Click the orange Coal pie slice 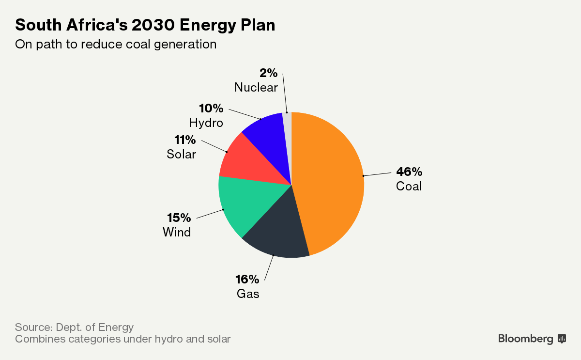tap(329, 184)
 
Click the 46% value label tap(409, 172)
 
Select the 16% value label tap(247, 280)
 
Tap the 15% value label tap(179, 218)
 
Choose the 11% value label tap(185, 140)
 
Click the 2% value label tap(268, 73)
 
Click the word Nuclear tap(256, 88)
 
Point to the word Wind tap(177, 232)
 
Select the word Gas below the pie tap(248, 294)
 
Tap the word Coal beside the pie tap(409, 186)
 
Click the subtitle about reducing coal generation tap(115, 44)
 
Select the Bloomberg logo tap(532, 339)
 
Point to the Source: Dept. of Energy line tap(74, 327)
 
